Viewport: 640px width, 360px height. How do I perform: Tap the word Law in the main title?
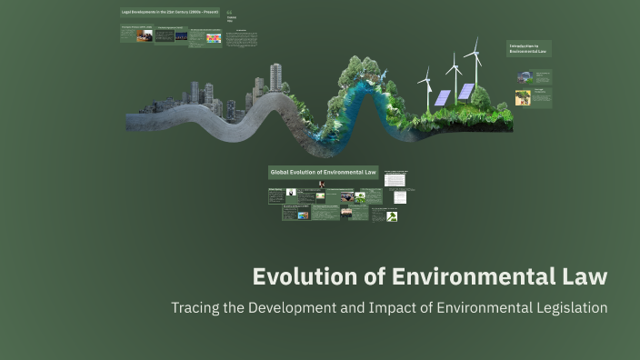click(x=582, y=276)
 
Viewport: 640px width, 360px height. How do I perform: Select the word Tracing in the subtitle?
click(x=195, y=307)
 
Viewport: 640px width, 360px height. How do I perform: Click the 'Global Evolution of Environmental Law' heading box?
click(x=323, y=172)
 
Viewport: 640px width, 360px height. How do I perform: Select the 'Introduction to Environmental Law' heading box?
click(x=529, y=48)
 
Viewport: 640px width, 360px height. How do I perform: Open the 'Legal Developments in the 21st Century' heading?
click(x=170, y=12)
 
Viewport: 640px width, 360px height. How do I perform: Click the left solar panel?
click(x=443, y=97)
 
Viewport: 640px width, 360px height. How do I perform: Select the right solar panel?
click(x=466, y=91)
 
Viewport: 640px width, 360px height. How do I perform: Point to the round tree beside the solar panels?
click(x=480, y=95)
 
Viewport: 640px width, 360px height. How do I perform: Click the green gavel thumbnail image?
click(x=392, y=216)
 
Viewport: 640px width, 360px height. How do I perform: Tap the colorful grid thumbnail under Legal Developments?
click(x=214, y=38)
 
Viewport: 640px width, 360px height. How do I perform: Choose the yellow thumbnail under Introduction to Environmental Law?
click(x=522, y=97)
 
